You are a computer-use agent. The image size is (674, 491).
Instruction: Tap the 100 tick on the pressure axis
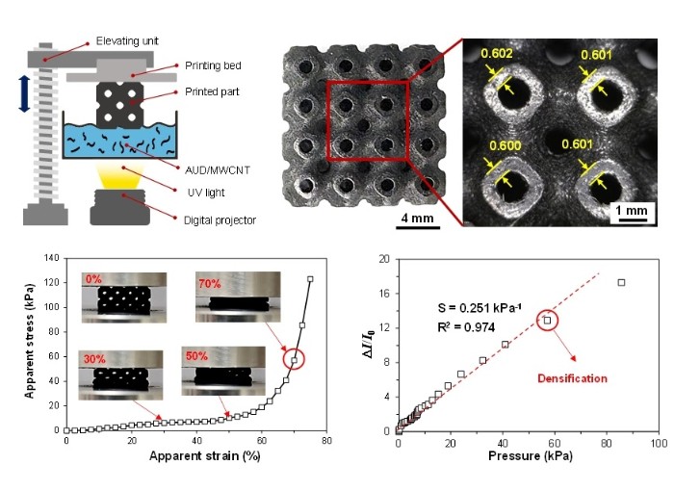(658, 442)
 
